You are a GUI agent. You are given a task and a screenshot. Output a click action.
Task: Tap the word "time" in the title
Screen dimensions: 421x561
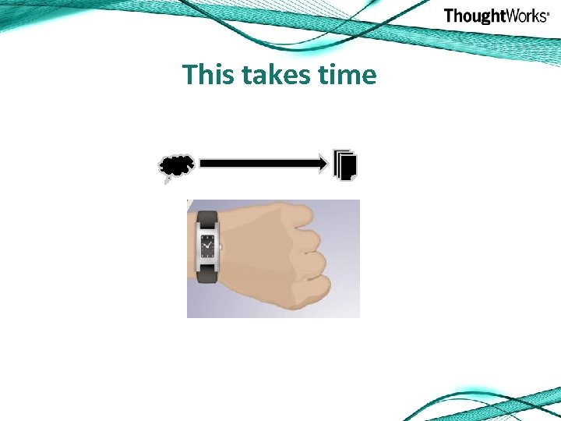(x=348, y=75)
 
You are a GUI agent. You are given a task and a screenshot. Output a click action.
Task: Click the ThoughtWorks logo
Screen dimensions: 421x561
(x=496, y=16)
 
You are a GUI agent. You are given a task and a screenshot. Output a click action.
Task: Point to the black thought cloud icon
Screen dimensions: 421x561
(x=177, y=165)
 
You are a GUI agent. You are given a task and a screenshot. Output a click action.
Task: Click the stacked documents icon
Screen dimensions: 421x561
(x=345, y=165)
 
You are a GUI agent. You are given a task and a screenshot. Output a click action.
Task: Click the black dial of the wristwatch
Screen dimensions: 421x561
(x=208, y=247)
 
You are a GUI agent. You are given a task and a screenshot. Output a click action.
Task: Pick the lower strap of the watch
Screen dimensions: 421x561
(x=208, y=272)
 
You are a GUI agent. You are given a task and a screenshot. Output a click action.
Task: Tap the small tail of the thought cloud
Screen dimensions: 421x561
(x=166, y=181)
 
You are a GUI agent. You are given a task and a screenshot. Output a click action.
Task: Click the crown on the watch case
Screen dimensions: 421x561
(x=221, y=247)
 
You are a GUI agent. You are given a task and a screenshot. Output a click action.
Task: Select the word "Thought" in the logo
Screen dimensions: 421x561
(x=472, y=16)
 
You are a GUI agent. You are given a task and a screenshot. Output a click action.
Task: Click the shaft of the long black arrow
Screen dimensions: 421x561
(x=257, y=163)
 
